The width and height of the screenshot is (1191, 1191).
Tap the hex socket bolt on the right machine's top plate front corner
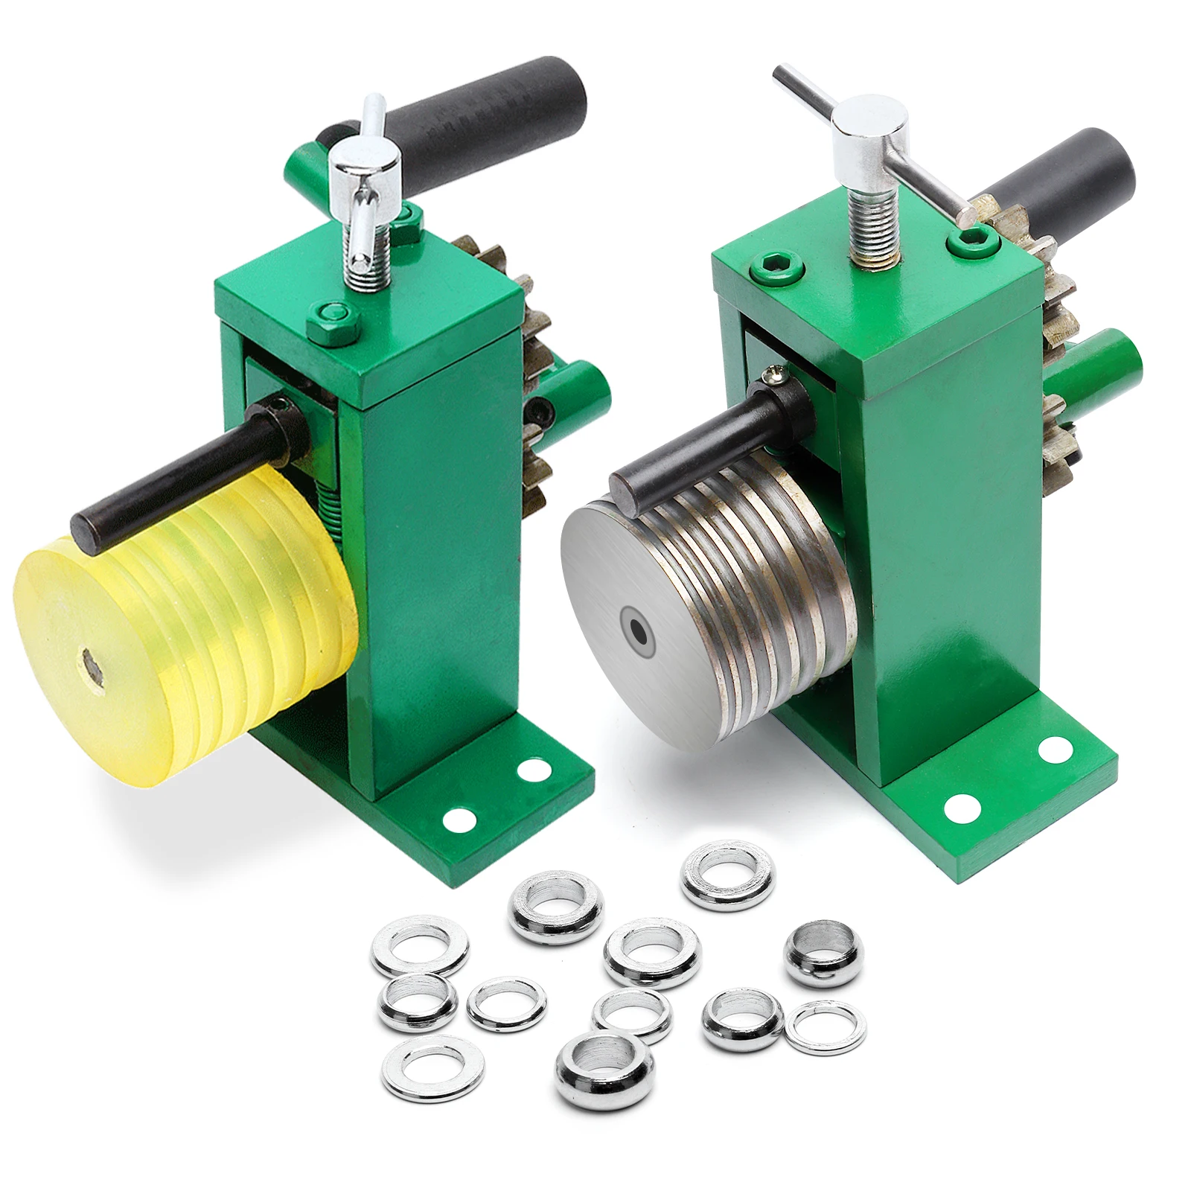[776, 266]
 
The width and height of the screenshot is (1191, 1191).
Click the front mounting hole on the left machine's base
[459, 820]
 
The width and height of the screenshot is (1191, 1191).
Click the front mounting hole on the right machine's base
[961, 807]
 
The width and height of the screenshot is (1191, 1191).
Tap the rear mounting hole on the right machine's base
[1055, 750]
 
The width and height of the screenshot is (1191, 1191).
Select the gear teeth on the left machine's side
[537, 372]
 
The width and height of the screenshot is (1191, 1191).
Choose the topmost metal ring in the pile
[727, 875]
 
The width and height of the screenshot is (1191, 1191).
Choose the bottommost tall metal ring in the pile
[604, 1070]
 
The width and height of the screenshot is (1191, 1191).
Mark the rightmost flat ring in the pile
[826, 1028]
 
